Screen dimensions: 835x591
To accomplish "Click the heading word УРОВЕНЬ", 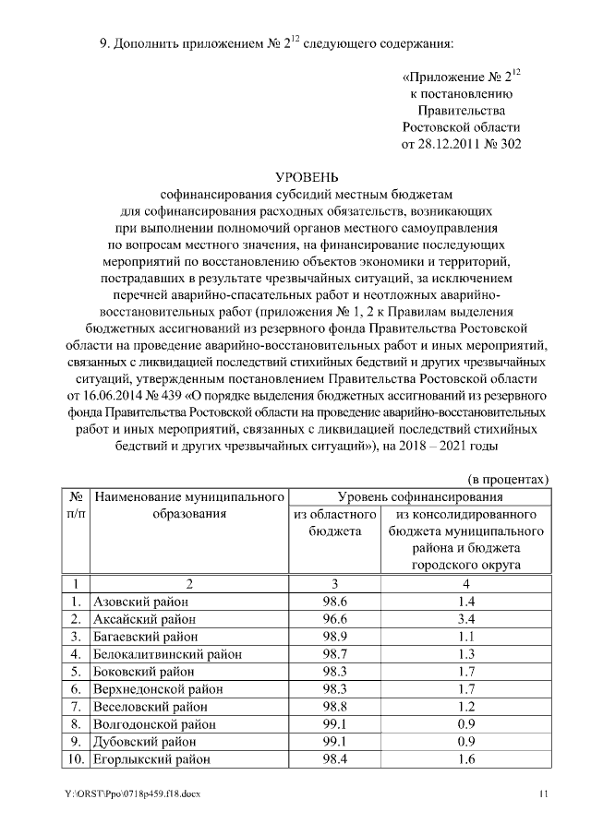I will pyautogui.click(x=308, y=177).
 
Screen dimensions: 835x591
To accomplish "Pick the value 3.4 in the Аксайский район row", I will pyautogui.click(x=465, y=619).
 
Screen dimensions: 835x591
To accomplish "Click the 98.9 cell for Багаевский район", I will pyautogui.click(x=333, y=637).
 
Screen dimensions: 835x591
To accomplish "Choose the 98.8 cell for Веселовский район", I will pyautogui.click(x=333, y=707).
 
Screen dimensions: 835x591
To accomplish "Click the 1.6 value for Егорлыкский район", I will pyautogui.click(x=465, y=759).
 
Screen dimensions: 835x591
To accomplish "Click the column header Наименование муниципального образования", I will pyautogui.click(x=188, y=506).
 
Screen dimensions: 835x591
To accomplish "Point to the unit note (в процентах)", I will pyautogui.click(x=507, y=479).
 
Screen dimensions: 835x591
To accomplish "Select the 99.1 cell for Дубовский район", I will pyautogui.click(x=333, y=742).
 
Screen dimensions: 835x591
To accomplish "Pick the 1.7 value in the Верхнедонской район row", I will pyautogui.click(x=465, y=689).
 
